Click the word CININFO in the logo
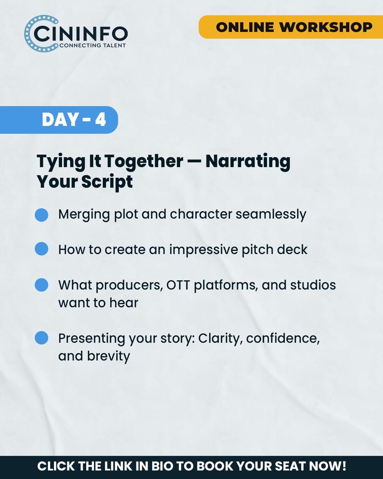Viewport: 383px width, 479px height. pyautogui.click(x=81, y=34)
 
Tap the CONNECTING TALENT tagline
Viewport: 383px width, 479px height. pyautogui.click(x=93, y=45)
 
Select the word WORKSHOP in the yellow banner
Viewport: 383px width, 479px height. pyautogui.click(x=326, y=27)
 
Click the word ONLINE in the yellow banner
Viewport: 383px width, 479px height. pyautogui.click(x=245, y=27)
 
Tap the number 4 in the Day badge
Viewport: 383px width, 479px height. pyautogui.click(x=100, y=120)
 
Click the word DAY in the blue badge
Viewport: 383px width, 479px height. pyautogui.click(x=60, y=120)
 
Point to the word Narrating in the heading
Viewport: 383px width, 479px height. pyautogui.click(x=248, y=161)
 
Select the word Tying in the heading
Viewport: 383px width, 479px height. pyautogui.click(x=61, y=161)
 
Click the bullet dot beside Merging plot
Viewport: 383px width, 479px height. pyautogui.click(x=41, y=215)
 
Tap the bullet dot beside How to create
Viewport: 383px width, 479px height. pyautogui.click(x=41, y=249)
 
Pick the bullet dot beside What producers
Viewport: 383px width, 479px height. pyautogui.click(x=41, y=285)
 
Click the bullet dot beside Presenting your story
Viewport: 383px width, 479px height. pyautogui.click(x=41, y=338)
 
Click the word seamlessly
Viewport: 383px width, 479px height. pyautogui.click(x=271, y=215)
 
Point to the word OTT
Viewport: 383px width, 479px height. pyautogui.click(x=178, y=285)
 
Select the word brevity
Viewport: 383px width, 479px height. pyautogui.click(x=109, y=357)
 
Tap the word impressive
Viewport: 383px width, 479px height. pyautogui.click(x=204, y=250)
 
